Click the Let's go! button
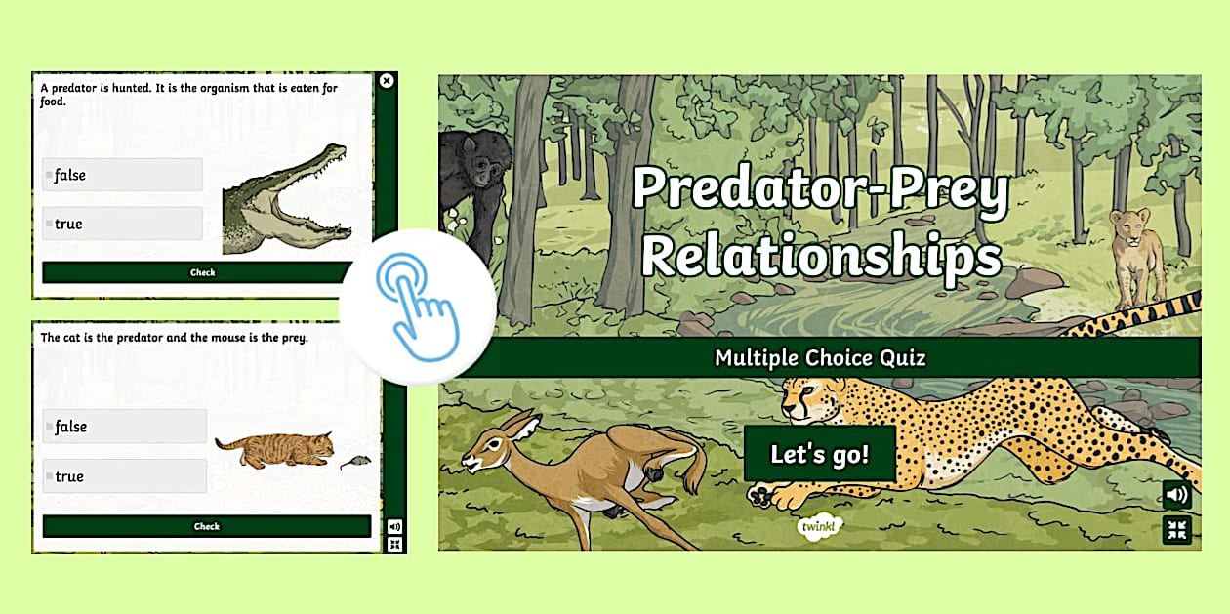tap(819, 454)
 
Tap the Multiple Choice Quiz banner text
tap(820, 358)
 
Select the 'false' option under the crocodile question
tap(122, 176)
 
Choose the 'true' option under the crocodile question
tap(122, 225)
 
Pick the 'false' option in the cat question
tap(124, 427)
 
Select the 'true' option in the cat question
tap(124, 476)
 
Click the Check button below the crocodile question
tap(202, 272)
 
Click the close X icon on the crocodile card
tap(387, 81)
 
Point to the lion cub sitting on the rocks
tap(1138, 254)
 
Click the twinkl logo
tap(821, 526)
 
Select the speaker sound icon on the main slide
tap(1176, 495)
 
